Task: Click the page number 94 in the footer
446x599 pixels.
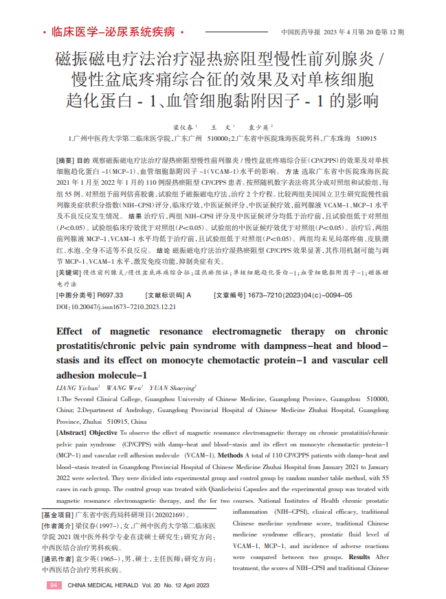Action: pyautogui.click(x=54, y=585)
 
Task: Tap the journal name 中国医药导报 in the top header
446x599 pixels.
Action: pyautogui.click(x=300, y=32)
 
